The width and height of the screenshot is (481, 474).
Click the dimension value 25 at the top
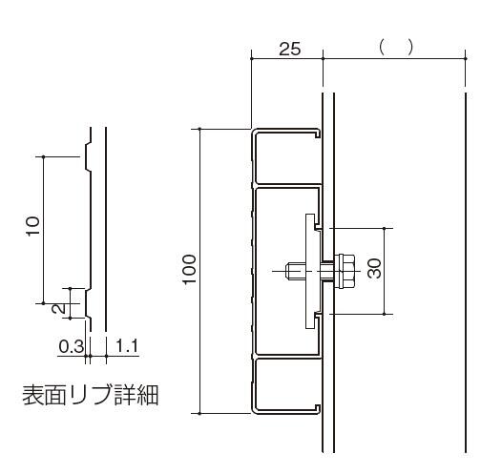point(289,49)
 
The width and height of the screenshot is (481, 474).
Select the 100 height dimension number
point(190,269)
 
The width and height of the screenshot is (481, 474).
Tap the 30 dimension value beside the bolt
point(374,268)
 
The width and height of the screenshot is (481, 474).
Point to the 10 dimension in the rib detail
point(33,226)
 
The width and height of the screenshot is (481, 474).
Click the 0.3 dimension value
point(72,346)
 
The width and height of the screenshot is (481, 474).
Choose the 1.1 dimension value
point(127,346)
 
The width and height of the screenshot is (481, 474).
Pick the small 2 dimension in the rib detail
point(59,308)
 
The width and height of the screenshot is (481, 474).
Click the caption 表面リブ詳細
point(91,395)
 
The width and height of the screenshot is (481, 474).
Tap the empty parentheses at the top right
point(396,48)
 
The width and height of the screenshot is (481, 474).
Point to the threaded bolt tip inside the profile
point(293,271)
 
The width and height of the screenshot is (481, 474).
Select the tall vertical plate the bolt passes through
point(310,271)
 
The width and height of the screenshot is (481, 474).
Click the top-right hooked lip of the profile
point(317,134)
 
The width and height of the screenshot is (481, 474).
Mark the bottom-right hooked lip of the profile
point(317,409)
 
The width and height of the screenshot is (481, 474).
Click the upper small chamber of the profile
point(286,157)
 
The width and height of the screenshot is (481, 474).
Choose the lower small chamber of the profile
point(286,384)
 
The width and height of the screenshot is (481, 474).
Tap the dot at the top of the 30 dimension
point(385,228)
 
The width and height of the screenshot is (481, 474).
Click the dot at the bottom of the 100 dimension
point(199,414)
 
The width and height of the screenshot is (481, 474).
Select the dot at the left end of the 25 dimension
point(252,59)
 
